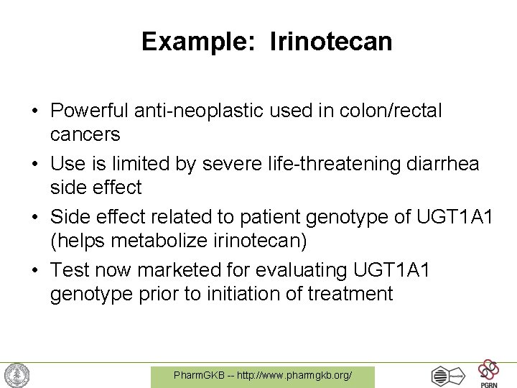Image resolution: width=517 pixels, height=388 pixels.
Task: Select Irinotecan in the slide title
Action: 331,42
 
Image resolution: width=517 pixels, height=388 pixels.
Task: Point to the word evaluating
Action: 298,271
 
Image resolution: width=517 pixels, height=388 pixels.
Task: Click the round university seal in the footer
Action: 17,375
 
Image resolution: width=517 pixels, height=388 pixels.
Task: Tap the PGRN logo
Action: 489,374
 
